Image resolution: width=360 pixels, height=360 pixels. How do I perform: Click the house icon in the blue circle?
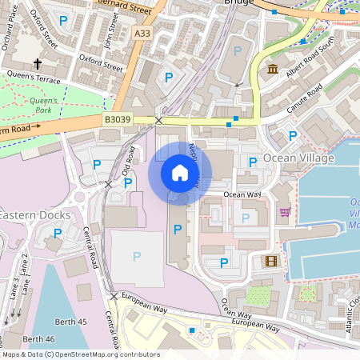(x=180, y=173)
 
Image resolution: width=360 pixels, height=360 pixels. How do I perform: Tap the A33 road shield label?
(x=142, y=33)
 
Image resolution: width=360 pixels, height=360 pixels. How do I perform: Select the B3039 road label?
(x=117, y=119)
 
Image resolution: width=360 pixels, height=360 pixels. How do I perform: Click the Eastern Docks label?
(x=34, y=215)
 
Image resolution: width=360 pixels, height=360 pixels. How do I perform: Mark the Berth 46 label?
(x=38, y=340)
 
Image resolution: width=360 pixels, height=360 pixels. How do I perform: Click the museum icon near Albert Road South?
(x=273, y=70)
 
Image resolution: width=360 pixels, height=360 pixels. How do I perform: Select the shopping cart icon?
(x=285, y=212)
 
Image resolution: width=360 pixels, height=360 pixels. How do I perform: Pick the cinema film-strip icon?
(x=271, y=261)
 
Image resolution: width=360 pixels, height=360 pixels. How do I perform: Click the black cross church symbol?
(x=37, y=63)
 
